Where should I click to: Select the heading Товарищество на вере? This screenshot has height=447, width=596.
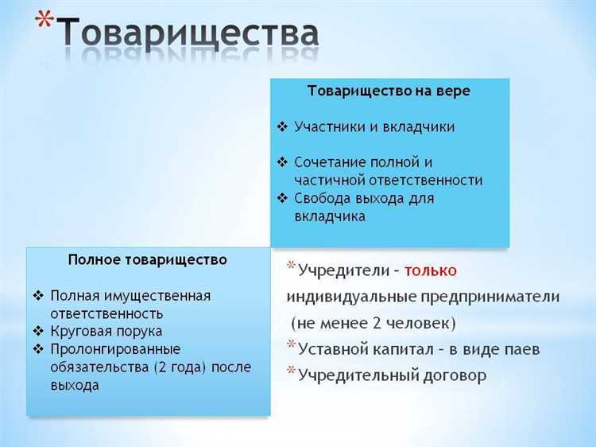pos(389,91)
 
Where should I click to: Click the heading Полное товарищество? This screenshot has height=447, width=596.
pos(148,260)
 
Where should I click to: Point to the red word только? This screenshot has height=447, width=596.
pos(430,270)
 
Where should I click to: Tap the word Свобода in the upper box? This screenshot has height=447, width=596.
pos(321,197)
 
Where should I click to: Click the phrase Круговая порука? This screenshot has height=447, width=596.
pos(106,331)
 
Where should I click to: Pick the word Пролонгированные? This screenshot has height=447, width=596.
pos(115,349)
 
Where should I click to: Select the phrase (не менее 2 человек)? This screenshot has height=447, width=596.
pos(373,324)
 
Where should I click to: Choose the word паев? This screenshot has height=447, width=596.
pos(522,349)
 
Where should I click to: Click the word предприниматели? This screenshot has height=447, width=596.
pos(490,297)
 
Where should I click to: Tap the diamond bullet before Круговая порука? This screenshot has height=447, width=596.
pos(39,331)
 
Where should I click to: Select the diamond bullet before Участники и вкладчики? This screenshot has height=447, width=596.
pos(282,126)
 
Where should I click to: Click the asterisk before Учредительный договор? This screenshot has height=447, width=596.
pos(292,371)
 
